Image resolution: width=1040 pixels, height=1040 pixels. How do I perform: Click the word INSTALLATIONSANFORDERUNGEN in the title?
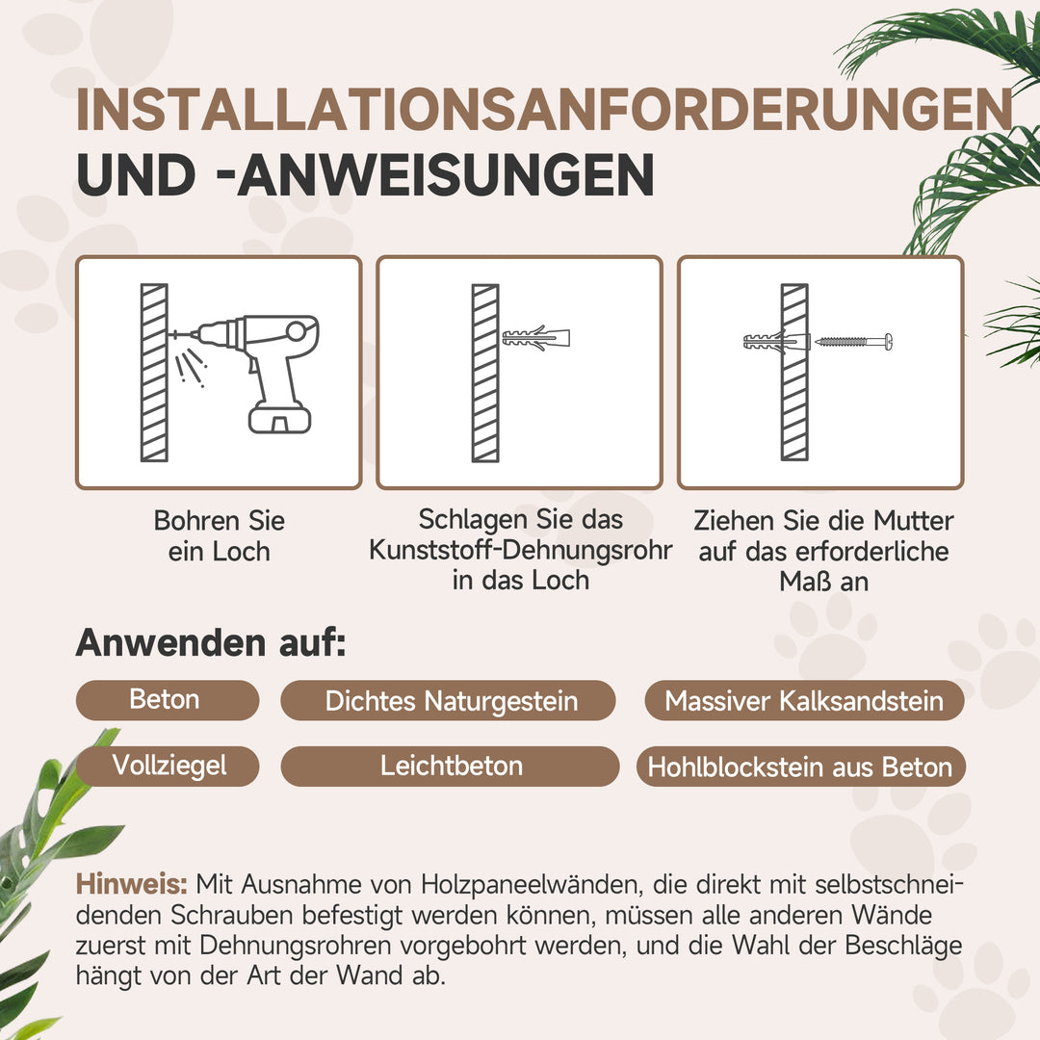tap(544, 111)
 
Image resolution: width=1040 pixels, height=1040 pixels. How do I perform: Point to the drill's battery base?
tap(279, 417)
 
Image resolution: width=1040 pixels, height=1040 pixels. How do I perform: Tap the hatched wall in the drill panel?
tap(154, 373)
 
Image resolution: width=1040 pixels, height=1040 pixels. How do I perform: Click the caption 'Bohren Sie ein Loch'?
tap(220, 536)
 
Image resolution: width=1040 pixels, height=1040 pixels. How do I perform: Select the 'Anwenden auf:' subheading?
tap(210, 643)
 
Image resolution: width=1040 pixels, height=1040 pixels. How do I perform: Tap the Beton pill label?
tap(166, 699)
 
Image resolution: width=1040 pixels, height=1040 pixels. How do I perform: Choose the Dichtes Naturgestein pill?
tap(451, 701)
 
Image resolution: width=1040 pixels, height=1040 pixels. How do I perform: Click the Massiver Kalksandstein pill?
tap(804, 701)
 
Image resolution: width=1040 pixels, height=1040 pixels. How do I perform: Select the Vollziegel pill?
tap(169, 766)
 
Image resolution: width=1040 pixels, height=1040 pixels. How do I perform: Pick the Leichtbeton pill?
tap(451, 767)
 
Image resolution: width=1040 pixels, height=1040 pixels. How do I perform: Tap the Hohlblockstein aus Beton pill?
tap(800, 767)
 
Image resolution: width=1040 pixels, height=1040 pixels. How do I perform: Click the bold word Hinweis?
tap(132, 883)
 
